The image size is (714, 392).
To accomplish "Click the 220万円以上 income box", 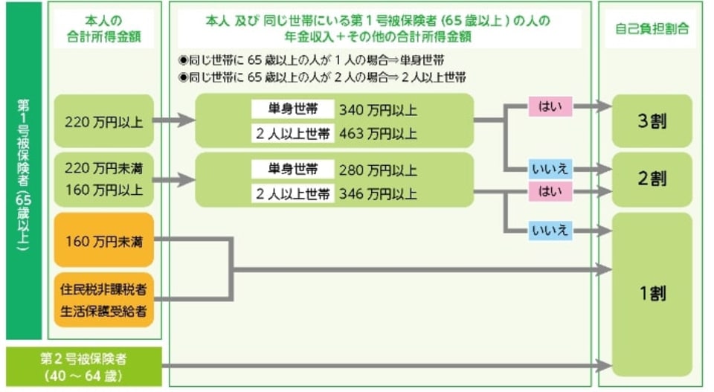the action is tap(103, 121).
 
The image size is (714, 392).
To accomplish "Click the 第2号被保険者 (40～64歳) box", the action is tap(83, 366).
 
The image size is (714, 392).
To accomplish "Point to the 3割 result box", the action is tap(652, 121).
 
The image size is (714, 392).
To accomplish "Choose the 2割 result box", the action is tap(652, 179).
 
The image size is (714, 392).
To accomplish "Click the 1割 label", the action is tap(652, 294).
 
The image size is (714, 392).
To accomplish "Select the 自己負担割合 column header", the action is tap(652, 29).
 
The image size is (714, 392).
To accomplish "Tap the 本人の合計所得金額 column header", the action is tap(103, 29).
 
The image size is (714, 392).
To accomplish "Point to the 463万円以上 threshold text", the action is tap(378, 135).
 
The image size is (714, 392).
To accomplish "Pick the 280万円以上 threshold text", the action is tap(378, 169).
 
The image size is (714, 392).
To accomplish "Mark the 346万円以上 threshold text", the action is tap(378, 195).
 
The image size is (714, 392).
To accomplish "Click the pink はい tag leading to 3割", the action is tap(550, 107).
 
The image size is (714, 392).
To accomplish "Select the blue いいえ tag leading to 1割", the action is tap(550, 231).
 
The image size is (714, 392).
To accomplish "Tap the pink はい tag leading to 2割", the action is tap(550, 191).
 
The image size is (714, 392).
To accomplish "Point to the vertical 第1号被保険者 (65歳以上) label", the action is tap(22, 179).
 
